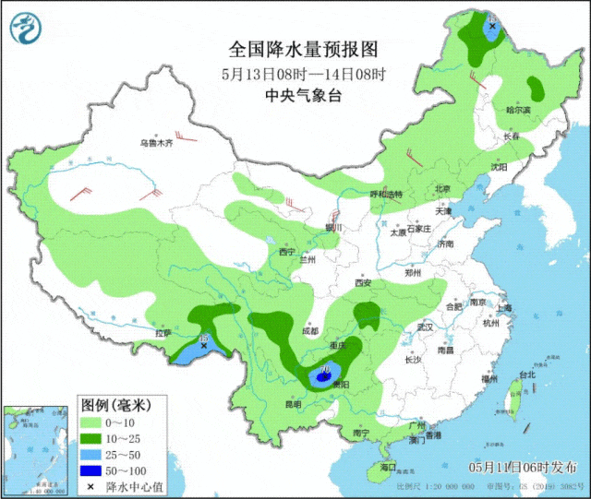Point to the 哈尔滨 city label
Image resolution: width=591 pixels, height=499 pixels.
coord(519,110)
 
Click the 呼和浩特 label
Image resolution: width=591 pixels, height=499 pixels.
coord(386,195)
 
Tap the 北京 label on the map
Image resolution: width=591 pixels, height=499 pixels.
coord(442,189)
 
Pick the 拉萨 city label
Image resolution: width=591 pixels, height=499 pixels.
coord(163,332)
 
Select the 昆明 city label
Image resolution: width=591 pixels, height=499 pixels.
coord(292,404)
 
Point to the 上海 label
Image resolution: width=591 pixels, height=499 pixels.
coord(505,312)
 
